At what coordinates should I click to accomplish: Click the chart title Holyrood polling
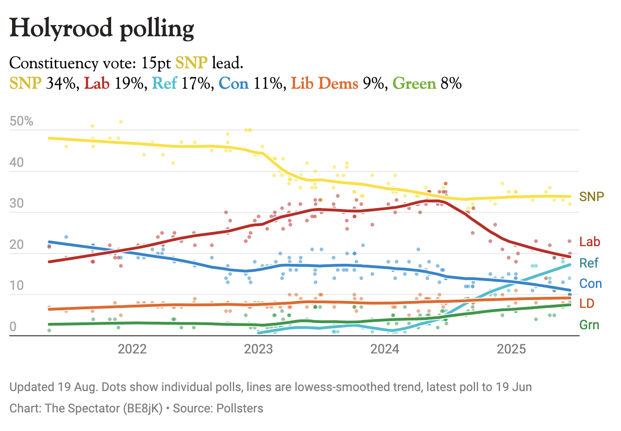[x=102, y=29]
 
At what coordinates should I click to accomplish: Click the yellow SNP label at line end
[x=591, y=196]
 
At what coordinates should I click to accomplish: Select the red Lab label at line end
[x=589, y=242]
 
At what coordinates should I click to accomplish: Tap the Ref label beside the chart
[x=588, y=263]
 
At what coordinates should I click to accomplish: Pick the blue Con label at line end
[x=590, y=283]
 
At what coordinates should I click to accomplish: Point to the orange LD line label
[x=587, y=303]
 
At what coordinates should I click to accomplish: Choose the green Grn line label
[x=589, y=325]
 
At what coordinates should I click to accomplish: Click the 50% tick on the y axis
[x=21, y=121]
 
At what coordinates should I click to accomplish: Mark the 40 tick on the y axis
[x=16, y=163]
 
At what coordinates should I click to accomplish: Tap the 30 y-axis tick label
[x=16, y=203]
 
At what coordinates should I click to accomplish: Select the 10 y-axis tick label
[x=16, y=285]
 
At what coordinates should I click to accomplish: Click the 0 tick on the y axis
[x=13, y=327]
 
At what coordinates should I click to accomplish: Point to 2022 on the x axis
[x=132, y=349]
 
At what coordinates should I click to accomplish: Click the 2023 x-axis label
[x=258, y=349]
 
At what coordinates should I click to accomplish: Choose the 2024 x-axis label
[x=385, y=349]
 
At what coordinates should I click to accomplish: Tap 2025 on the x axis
[x=511, y=349]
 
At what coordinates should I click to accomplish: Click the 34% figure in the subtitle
[x=62, y=84]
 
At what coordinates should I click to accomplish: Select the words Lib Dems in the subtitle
[x=324, y=84]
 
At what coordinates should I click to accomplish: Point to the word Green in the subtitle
[x=414, y=84]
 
